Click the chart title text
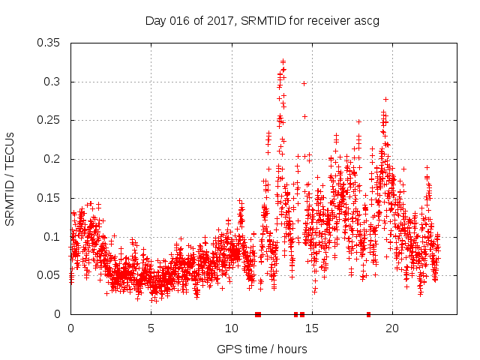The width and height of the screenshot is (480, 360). (262, 20)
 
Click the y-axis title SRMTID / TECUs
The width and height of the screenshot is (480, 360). (10, 179)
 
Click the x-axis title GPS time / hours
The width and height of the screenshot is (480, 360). (262, 349)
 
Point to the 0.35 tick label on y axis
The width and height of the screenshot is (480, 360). (50, 43)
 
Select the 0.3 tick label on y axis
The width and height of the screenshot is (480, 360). (53, 82)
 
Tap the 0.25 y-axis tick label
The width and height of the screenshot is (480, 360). (50, 120)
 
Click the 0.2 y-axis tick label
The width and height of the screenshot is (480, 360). (53, 159)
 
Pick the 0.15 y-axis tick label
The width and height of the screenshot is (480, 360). (50, 198)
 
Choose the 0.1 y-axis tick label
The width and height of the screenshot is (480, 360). (53, 237)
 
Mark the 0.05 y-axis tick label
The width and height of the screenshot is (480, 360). (50, 275)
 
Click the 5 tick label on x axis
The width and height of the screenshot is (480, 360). (151, 328)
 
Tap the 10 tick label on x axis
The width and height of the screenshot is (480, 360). (232, 328)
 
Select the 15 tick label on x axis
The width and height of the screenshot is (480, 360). (312, 328)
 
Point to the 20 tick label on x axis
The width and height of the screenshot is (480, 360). (392, 328)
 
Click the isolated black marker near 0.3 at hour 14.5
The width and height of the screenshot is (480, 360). (304, 83)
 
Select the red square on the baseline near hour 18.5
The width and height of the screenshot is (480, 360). (368, 314)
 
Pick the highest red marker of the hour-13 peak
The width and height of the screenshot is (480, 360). (283, 61)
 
